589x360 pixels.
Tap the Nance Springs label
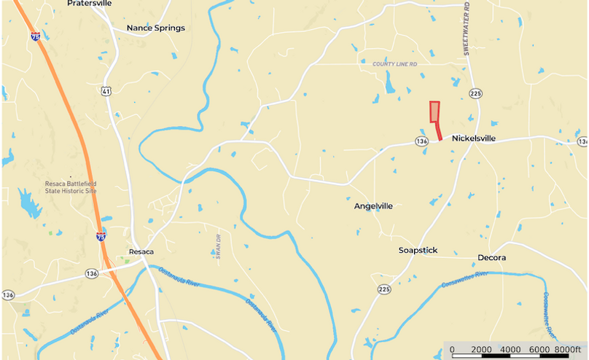tap(155, 28)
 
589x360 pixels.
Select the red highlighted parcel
tap(434, 112)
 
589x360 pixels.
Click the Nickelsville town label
tap(473, 138)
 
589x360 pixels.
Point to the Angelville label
tap(373, 206)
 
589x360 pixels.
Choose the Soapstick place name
tap(418, 250)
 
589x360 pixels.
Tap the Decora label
tap(491, 258)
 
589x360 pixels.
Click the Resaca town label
tap(141, 252)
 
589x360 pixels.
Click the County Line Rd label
tap(398, 64)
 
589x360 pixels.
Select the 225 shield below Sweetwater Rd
tap(476, 93)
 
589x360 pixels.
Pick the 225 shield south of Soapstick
tap(384, 289)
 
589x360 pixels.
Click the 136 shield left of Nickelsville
tap(421, 141)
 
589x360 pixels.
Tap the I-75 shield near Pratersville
tap(36, 35)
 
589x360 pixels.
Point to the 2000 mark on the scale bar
tap(481, 349)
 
